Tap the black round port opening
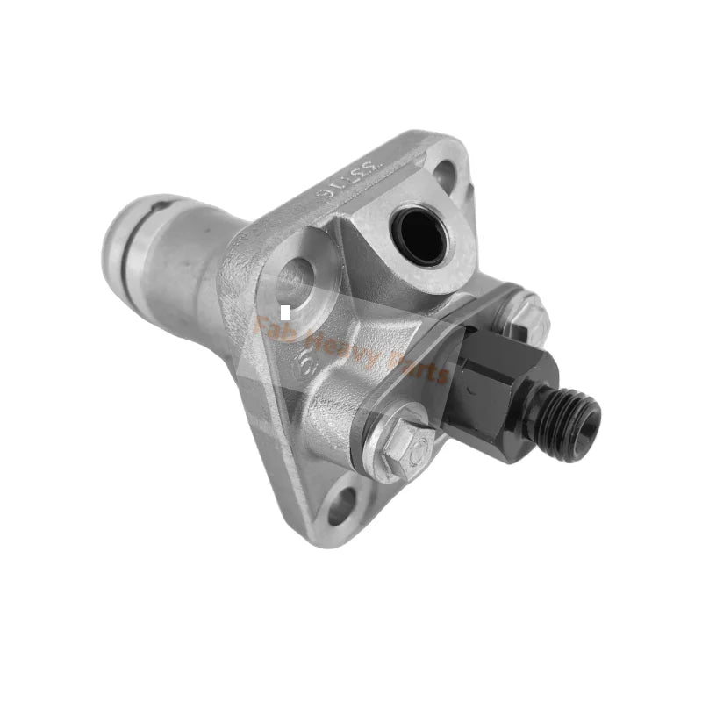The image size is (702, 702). (x=422, y=233)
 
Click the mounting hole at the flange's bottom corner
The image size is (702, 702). (x=342, y=506)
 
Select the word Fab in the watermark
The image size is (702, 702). (x=272, y=326)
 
